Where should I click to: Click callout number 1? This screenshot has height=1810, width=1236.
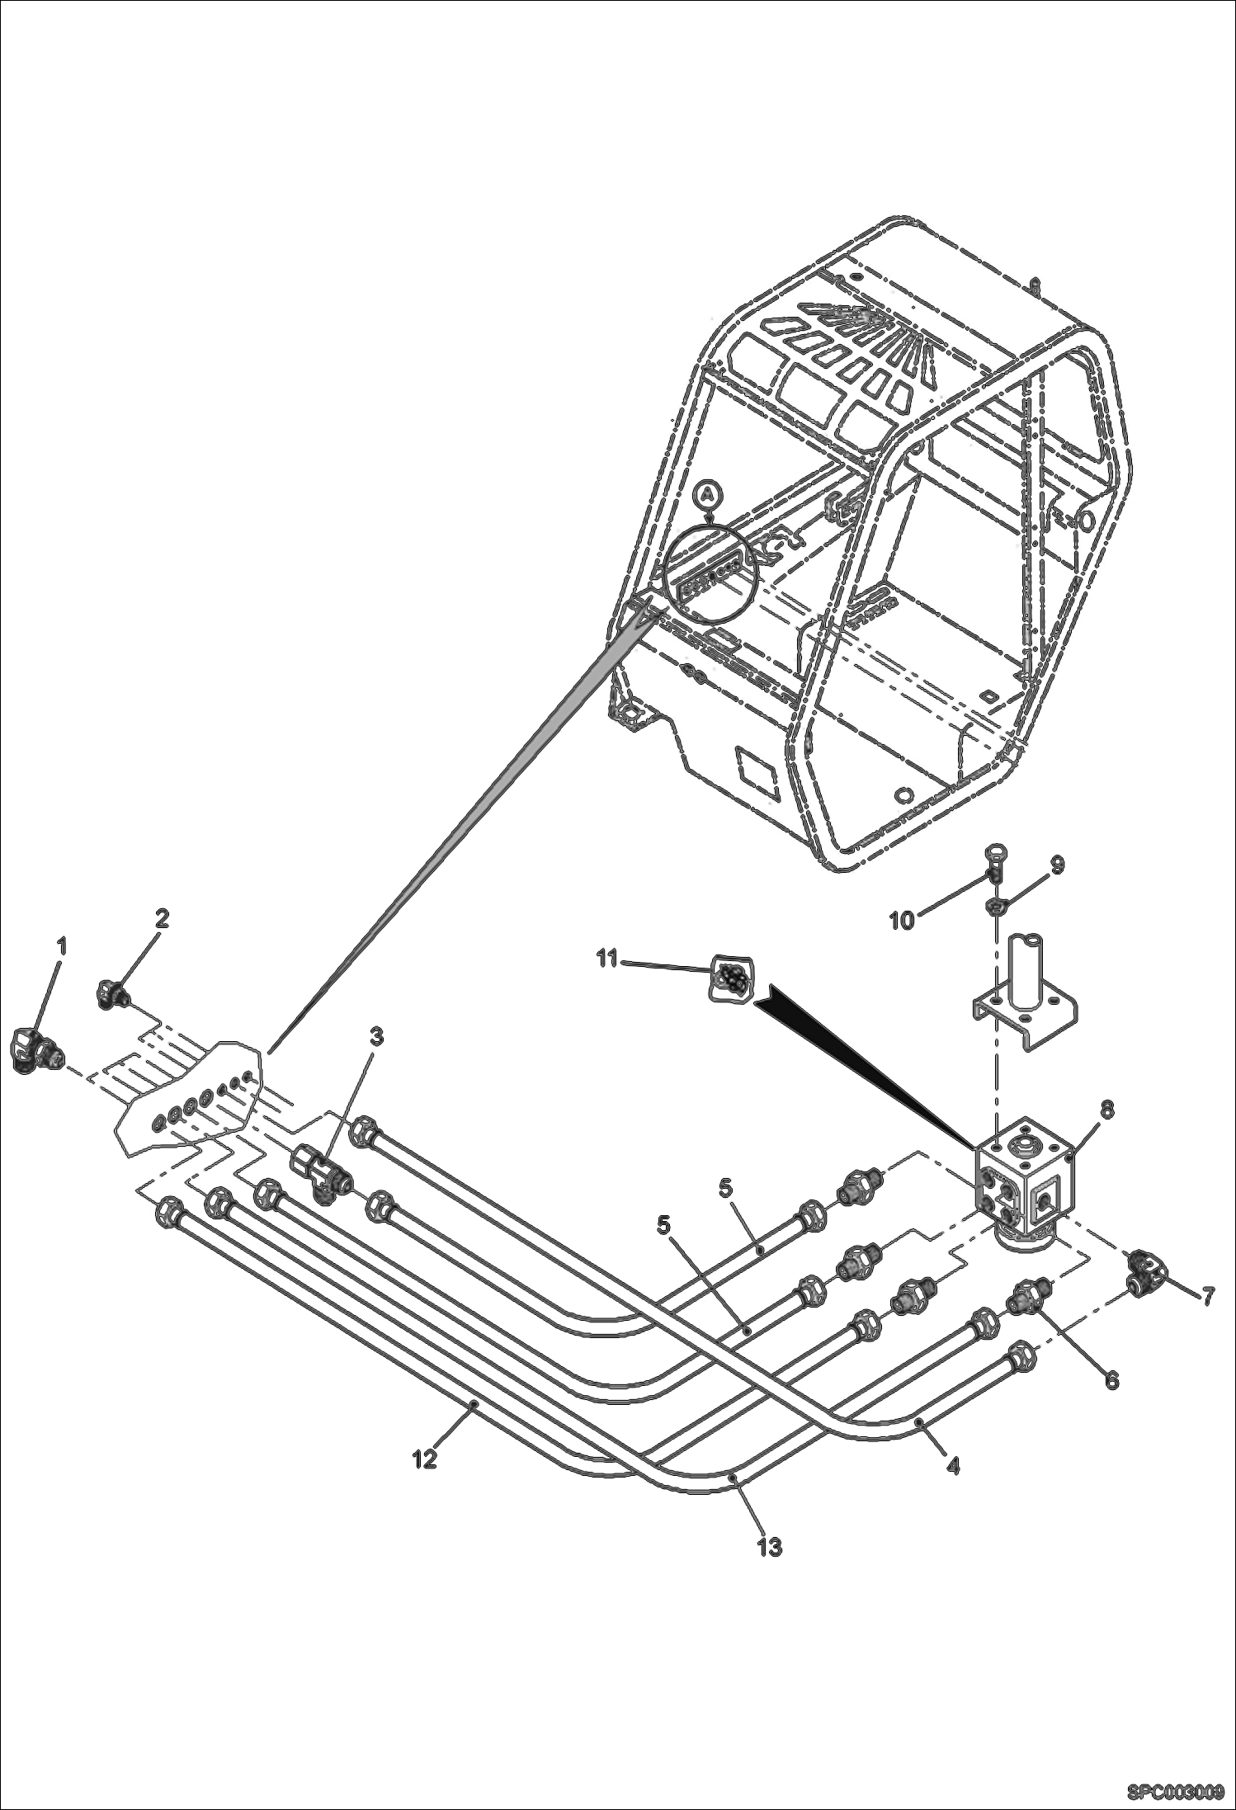(x=60, y=945)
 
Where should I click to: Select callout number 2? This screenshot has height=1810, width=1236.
(x=162, y=918)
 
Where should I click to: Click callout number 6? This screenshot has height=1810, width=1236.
(x=1111, y=1379)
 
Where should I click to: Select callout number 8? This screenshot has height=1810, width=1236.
(x=1106, y=1111)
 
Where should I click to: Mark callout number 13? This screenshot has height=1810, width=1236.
(x=769, y=1548)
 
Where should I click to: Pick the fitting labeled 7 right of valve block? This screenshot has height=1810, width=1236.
(x=1143, y=1288)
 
